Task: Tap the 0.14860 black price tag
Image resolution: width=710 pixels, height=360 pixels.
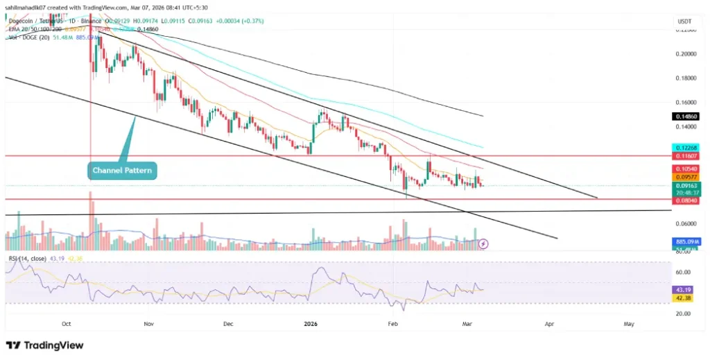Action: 685,116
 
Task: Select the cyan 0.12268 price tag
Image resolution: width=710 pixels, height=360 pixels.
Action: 685,148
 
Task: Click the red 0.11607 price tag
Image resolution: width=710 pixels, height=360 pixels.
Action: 685,157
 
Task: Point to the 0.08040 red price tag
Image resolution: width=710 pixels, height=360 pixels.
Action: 685,199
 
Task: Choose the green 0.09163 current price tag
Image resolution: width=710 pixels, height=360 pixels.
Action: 685,186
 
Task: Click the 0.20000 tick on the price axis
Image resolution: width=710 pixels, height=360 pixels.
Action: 685,54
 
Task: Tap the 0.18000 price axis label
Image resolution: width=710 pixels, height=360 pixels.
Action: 685,78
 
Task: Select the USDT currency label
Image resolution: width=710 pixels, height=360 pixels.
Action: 684,22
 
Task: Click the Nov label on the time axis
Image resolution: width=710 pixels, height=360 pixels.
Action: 148,323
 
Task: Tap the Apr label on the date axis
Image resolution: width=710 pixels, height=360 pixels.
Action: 550,323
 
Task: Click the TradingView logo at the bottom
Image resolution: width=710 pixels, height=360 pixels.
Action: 44,345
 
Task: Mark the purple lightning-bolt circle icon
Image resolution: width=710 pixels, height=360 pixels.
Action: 484,243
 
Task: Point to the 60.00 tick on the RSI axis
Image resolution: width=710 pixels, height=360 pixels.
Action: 685,273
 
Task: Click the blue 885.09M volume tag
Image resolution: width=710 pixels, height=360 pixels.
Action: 685,241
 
